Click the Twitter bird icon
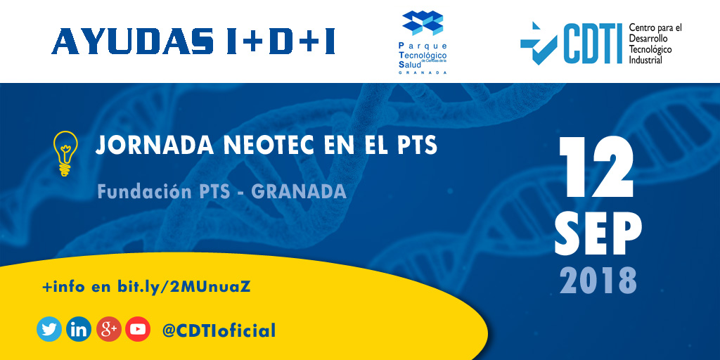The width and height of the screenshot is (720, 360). click(x=49, y=329)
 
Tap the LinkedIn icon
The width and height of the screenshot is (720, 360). click(x=79, y=329)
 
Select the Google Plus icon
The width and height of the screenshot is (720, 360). click(x=108, y=329)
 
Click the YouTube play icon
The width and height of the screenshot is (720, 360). click(x=138, y=329)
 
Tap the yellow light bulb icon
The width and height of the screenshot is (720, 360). click(x=65, y=153)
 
